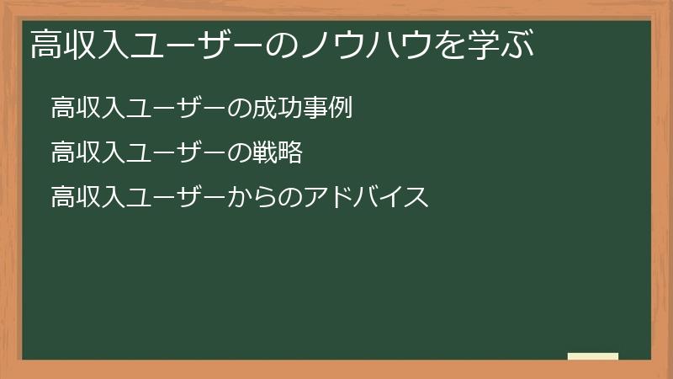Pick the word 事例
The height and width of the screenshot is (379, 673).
(x=326, y=109)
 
